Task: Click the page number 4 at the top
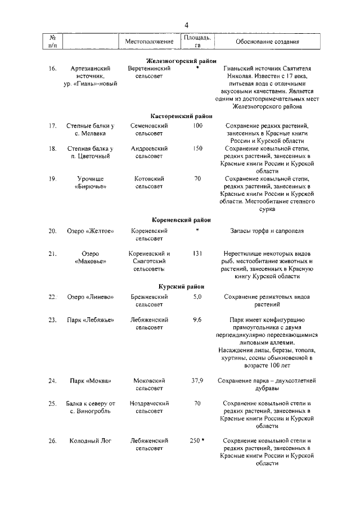186,24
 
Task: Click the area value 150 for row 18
197,148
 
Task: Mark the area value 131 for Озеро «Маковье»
197,254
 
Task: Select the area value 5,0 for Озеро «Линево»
197,296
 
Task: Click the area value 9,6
197,319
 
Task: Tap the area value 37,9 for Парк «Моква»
197,380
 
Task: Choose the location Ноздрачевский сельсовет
149,408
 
